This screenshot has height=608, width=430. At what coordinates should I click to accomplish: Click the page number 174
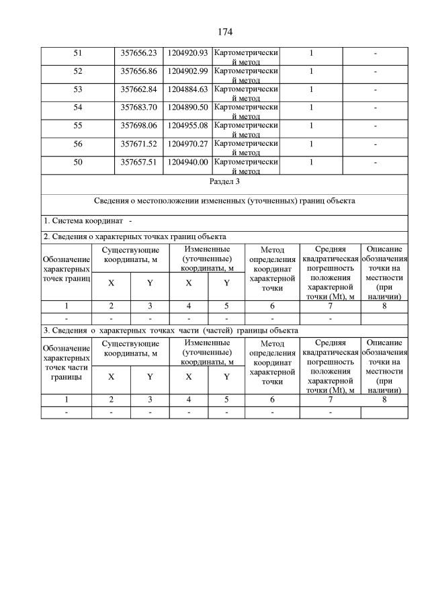coord(225,32)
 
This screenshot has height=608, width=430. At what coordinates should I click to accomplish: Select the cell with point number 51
coord(78,53)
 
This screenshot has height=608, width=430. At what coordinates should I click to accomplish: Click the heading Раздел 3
coord(224,181)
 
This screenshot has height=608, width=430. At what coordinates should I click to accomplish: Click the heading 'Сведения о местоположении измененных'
coord(224,201)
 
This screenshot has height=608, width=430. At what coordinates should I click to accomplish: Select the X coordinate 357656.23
coord(138,53)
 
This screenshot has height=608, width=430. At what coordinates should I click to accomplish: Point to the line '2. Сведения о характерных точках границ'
coord(135,236)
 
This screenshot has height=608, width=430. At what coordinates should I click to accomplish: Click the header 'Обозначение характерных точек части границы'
coord(67,363)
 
